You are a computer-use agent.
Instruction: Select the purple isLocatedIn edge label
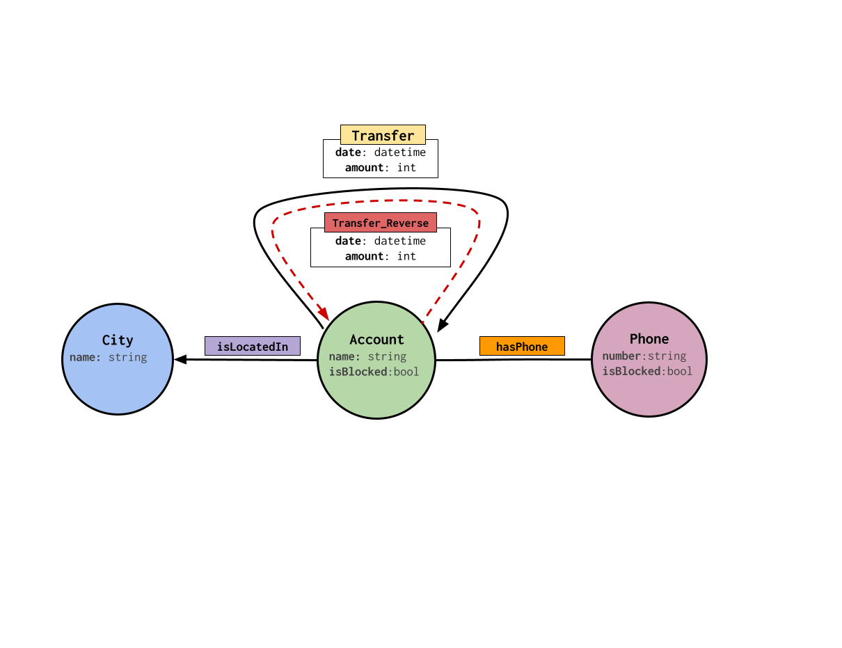[252, 347]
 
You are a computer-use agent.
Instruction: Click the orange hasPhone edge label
[522, 347]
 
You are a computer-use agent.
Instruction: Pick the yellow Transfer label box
[383, 135]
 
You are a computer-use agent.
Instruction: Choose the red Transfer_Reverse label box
[381, 223]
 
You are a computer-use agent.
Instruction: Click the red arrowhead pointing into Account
[324, 314]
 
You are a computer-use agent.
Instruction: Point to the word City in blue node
[118, 340]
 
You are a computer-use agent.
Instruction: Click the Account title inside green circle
[376, 340]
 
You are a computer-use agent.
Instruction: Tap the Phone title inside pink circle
[649, 339]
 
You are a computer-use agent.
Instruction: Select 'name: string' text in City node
[109, 357]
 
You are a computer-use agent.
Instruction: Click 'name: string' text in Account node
[367, 356]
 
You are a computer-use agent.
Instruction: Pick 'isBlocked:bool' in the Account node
[374, 372]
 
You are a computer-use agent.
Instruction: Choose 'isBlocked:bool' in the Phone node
[647, 371]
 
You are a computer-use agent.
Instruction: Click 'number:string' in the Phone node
[644, 356]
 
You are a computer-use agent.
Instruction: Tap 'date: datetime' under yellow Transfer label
[381, 152]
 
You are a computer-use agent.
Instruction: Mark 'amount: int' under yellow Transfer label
[381, 168]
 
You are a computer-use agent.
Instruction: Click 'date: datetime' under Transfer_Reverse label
[381, 241]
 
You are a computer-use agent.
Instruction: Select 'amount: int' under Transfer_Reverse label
[381, 256]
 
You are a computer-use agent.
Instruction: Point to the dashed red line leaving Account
[452, 278]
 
